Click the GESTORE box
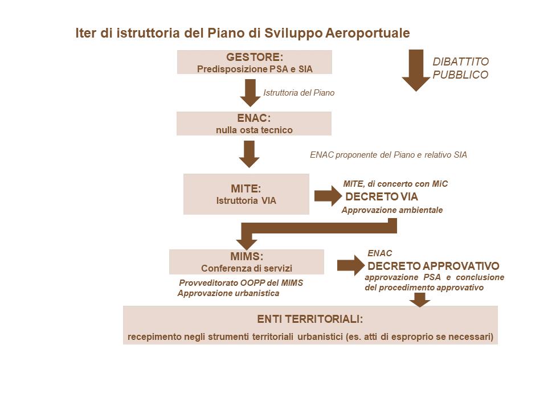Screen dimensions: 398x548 pyautogui.click(x=254, y=62)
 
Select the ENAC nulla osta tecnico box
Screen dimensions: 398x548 pyautogui.click(x=254, y=124)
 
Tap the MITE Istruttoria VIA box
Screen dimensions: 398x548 pyautogui.click(x=246, y=194)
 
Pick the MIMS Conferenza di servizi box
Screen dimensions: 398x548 pyautogui.click(x=246, y=262)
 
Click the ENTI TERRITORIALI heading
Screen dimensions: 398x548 pyautogui.click(x=310, y=318)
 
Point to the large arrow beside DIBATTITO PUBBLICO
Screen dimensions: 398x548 pyautogui.click(x=416, y=69)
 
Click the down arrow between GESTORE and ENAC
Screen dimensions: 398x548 pyautogui.click(x=250, y=92)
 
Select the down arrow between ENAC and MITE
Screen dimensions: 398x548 pyautogui.click(x=249, y=154)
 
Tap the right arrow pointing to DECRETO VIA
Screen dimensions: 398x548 pyautogui.click(x=326, y=196)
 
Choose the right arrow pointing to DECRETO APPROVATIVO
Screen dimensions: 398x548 pyautogui.click(x=350, y=265)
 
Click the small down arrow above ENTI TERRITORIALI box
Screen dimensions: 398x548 pyautogui.click(x=420, y=299)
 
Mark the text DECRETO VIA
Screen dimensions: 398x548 pyautogui.click(x=382, y=197)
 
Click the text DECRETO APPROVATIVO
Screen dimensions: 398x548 pyautogui.click(x=434, y=266)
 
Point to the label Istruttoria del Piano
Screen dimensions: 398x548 pyautogui.click(x=298, y=92)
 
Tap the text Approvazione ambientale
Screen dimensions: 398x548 pyautogui.click(x=392, y=210)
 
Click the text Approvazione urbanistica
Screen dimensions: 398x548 pyautogui.click(x=228, y=293)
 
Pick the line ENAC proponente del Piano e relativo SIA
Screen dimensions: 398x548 pyautogui.click(x=388, y=154)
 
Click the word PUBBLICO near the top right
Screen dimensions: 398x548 pyautogui.click(x=460, y=75)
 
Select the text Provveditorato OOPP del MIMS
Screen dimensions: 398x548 pyautogui.click(x=241, y=283)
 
